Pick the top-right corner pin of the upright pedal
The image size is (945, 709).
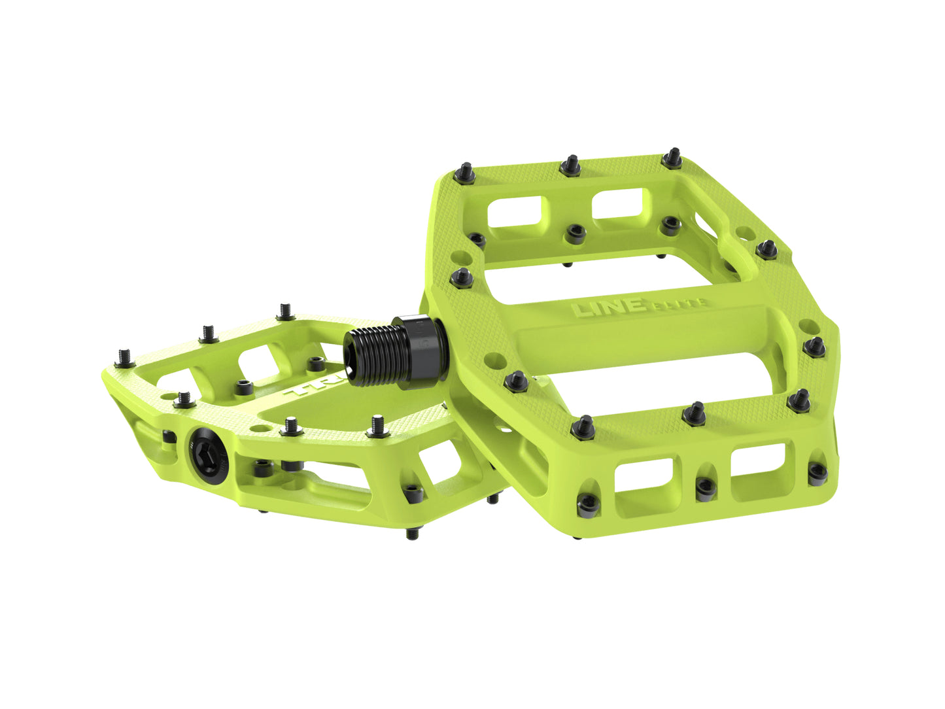click(672, 157)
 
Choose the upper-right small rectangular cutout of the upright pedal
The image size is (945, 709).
click(619, 205)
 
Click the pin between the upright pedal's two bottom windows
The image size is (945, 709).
click(704, 487)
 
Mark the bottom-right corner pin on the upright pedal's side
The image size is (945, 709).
click(817, 472)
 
